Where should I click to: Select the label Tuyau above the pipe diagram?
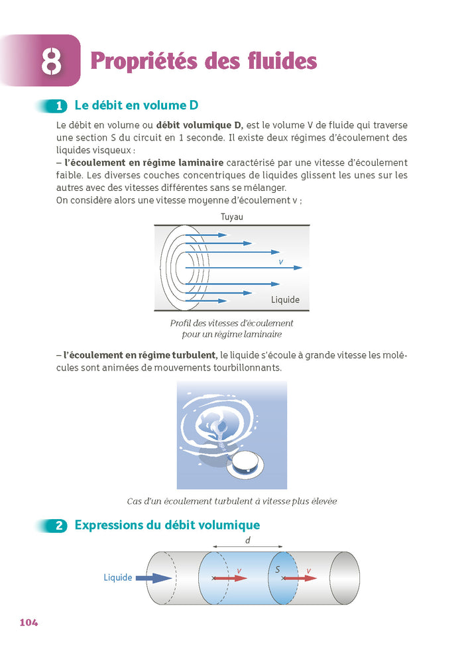[x=232, y=217]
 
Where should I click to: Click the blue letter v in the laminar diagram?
[x=280, y=263]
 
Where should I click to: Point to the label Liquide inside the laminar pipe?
[x=285, y=300]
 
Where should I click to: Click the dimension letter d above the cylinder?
[x=247, y=540]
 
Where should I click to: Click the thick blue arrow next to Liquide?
[x=154, y=578]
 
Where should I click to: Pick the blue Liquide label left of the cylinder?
[x=118, y=577]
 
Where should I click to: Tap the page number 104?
[x=29, y=622]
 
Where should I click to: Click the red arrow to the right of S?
[x=300, y=578]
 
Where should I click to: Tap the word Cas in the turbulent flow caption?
[x=135, y=501]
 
